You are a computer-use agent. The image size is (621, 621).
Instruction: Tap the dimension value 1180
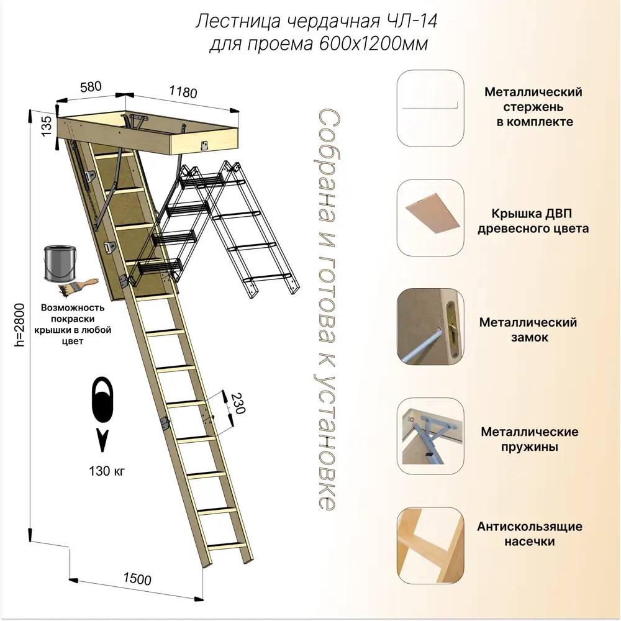183,91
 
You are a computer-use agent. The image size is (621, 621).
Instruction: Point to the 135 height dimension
45,124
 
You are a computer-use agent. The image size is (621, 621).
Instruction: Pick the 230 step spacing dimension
237,404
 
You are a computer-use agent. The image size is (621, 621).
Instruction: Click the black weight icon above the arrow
102,401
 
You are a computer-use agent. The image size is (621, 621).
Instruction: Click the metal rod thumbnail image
430,107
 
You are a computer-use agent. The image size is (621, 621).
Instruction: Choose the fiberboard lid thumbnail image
430,218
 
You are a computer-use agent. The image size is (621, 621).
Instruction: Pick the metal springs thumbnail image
430,437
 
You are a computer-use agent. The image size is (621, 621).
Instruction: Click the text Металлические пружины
530,438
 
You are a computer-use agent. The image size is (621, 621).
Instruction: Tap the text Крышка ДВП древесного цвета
533,221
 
